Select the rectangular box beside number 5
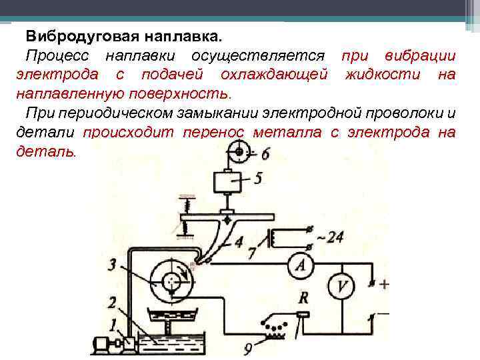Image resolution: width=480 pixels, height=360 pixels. (x=228, y=181)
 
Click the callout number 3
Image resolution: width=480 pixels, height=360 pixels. (x=113, y=265)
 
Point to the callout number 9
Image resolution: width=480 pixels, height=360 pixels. (x=249, y=346)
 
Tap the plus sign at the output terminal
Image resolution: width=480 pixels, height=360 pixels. (x=384, y=284)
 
